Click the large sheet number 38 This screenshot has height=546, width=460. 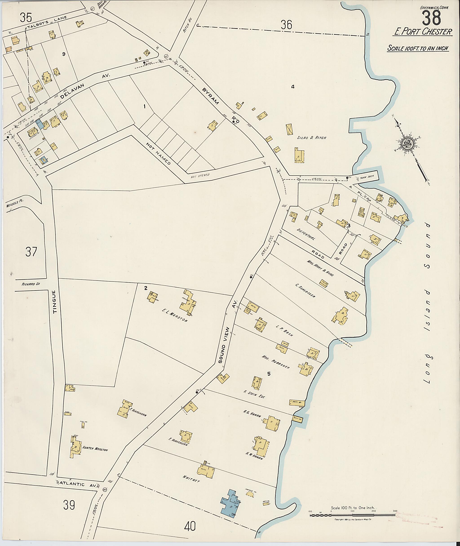(431, 18)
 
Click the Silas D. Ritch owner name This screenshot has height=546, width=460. (312, 138)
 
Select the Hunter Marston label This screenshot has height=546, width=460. (95, 450)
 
